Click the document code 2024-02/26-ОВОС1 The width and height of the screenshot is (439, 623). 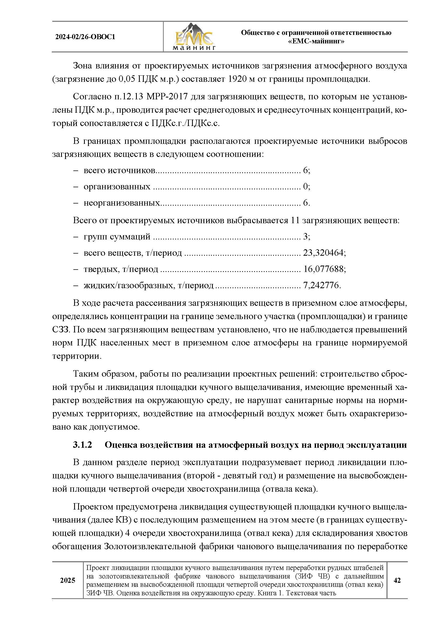point(85,37)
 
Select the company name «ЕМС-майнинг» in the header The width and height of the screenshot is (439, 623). point(316,42)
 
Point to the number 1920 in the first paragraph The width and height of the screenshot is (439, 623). point(238,79)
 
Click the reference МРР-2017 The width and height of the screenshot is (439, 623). point(167,97)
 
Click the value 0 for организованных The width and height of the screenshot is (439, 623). point(305,187)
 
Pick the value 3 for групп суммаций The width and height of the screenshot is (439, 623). point(305,237)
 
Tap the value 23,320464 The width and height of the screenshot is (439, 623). point(323,253)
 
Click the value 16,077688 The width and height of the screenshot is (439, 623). point(323,269)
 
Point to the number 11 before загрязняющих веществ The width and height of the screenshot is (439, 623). point(295,220)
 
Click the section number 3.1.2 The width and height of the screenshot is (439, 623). point(83,445)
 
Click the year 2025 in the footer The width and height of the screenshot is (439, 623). point(67,580)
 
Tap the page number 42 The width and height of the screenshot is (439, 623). point(397,580)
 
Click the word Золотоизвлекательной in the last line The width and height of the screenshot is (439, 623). point(150,546)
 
